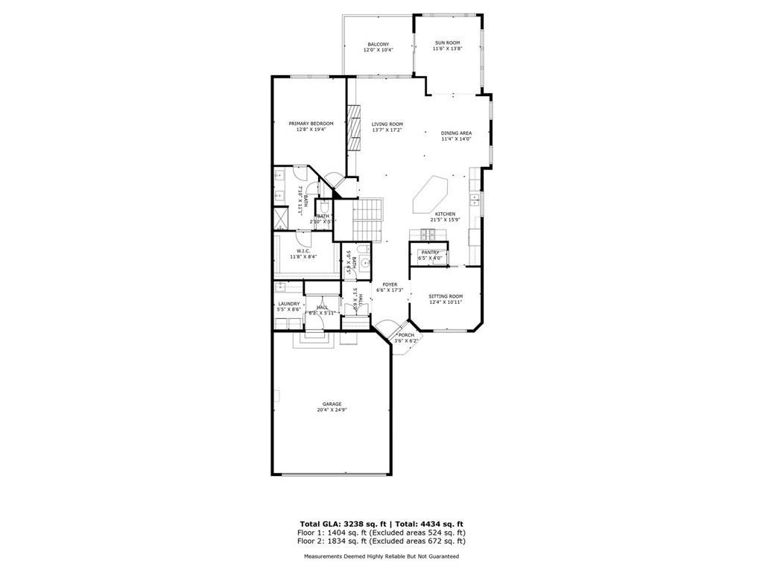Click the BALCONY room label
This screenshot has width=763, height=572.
point(378,44)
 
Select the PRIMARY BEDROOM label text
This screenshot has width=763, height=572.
point(311,124)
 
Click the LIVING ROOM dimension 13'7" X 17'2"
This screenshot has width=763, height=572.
point(387,130)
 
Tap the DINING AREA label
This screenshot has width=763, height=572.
point(456,133)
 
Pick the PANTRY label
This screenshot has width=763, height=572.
point(431,252)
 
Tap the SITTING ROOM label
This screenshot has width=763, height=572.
point(446,296)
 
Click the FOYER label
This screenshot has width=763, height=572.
point(390,285)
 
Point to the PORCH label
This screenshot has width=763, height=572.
point(406,335)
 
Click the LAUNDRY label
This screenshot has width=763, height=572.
point(289,304)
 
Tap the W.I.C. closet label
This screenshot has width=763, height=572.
point(303,251)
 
